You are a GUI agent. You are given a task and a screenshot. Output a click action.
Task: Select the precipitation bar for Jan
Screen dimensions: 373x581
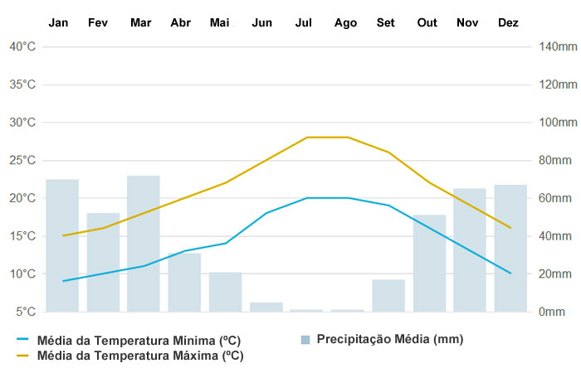tap(62, 245)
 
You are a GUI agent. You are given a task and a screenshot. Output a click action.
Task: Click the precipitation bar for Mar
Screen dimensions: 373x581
tap(144, 244)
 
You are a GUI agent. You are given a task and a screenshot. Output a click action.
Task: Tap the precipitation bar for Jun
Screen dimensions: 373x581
tap(266, 307)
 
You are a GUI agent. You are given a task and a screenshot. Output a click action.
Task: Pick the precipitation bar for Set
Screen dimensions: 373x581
tap(388, 295)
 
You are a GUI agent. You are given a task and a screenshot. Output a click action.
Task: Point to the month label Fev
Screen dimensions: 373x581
tap(98, 22)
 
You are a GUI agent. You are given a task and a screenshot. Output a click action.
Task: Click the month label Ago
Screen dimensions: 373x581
tap(345, 22)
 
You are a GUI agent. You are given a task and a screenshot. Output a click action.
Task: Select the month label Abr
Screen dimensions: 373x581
tap(180, 22)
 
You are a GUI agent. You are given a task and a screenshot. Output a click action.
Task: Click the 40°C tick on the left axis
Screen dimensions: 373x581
tap(22, 46)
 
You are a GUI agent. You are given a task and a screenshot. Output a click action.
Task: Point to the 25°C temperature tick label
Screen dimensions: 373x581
tap(22, 160)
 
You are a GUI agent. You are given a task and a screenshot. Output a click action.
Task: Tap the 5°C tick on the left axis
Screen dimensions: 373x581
tap(25, 312)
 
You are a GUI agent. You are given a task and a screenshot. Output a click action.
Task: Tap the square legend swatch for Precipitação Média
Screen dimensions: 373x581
tap(305, 340)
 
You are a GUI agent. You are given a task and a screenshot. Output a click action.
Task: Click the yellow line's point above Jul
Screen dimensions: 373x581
tap(307, 138)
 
